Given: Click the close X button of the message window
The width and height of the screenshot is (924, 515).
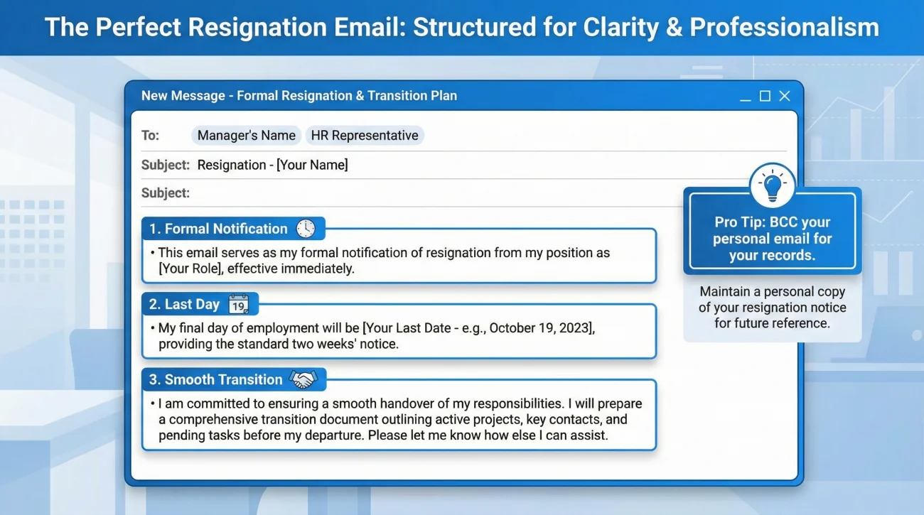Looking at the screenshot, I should tap(785, 96).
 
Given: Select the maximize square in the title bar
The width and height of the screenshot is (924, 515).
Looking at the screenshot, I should tap(765, 96).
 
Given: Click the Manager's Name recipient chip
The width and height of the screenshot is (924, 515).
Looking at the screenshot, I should tap(246, 135).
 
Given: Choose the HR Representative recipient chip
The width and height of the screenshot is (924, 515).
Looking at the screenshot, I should tap(365, 135).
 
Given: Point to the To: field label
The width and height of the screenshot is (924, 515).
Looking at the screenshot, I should tap(151, 135).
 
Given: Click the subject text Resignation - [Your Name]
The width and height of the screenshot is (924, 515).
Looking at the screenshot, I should tap(273, 165).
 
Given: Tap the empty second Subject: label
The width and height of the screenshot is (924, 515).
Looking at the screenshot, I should tap(166, 193).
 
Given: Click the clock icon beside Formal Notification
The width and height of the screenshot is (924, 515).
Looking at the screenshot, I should tap(306, 229).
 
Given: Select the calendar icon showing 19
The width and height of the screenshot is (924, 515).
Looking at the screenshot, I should tap(239, 305).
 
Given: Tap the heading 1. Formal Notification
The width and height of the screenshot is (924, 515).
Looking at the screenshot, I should tap(218, 229).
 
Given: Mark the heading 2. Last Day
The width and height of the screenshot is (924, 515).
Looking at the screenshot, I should tap(184, 305).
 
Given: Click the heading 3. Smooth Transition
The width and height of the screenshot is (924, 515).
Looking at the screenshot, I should tap(216, 380).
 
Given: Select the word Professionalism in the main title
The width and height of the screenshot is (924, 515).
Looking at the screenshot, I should tap(784, 27).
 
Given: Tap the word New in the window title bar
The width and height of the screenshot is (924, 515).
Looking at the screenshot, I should tap(154, 96).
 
